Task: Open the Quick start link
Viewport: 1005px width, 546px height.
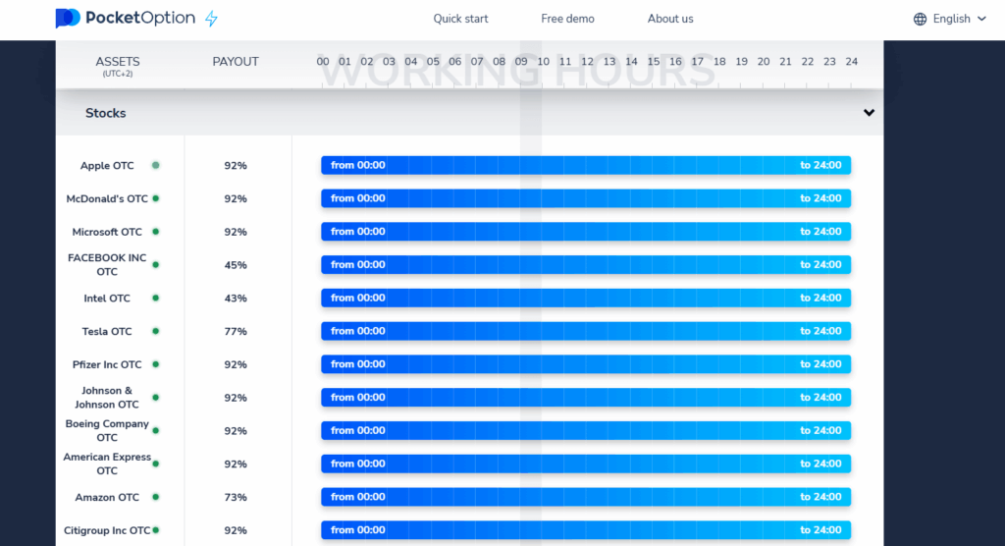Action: [x=460, y=19]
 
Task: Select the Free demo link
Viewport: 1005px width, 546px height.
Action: [x=567, y=19]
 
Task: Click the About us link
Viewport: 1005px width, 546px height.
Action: [x=670, y=19]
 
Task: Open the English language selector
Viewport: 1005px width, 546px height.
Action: [x=950, y=19]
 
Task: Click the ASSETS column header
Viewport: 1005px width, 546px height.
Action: [x=118, y=62]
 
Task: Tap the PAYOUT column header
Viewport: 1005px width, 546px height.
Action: [x=236, y=62]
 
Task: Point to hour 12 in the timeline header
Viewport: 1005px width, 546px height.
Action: [x=587, y=62]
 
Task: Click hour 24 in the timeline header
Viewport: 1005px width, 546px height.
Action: [x=851, y=62]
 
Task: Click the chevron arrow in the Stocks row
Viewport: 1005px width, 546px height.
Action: [x=869, y=113]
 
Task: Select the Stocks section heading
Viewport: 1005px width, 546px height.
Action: [x=106, y=113]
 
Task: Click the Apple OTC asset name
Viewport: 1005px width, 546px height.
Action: [x=107, y=166]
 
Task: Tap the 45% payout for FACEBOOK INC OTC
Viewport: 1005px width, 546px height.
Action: [x=236, y=265]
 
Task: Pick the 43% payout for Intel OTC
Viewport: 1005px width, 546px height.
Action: [x=236, y=299]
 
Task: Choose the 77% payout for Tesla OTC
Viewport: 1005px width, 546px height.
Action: [x=236, y=332]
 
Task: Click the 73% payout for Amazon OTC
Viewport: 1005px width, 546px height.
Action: [x=236, y=498]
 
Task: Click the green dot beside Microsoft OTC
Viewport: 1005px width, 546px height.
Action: [x=155, y=232]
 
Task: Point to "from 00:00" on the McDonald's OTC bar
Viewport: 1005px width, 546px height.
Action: [x=358, y=198]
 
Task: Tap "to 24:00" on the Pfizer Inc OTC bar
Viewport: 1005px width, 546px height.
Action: [x=820, y=364]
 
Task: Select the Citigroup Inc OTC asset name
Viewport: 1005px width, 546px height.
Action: [x=108, y=530]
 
